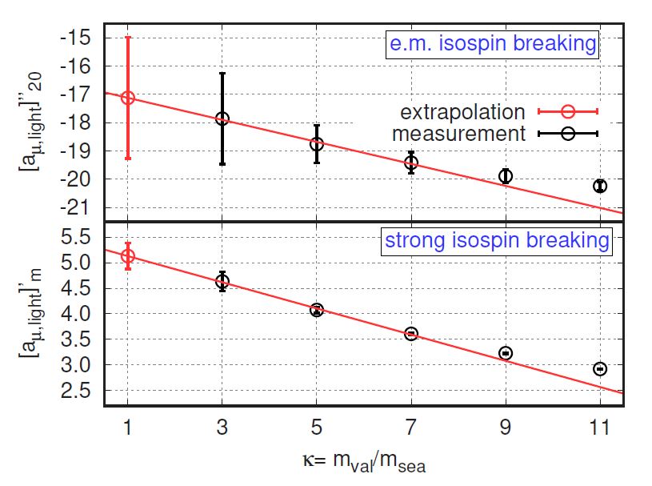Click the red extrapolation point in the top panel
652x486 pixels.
127,98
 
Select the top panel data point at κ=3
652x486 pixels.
222,118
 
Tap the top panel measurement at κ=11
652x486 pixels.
600,186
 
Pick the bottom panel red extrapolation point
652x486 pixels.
127,255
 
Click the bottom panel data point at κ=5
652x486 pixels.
317,310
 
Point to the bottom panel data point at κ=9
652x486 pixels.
506,353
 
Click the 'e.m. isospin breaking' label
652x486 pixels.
493,44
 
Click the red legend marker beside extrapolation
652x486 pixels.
569,112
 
